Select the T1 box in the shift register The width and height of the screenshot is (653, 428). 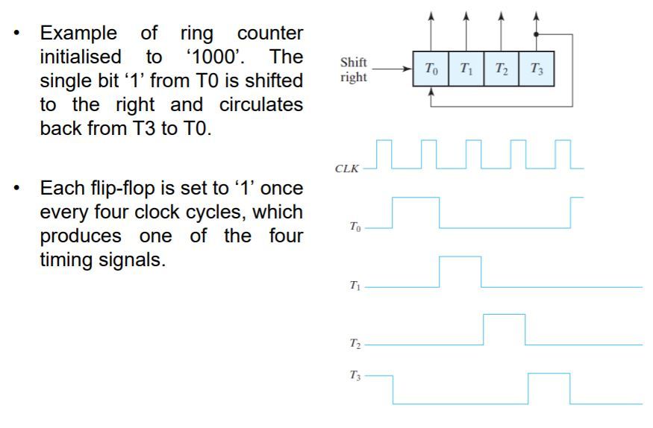click(x=466, y=69)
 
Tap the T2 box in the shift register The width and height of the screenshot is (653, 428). click(x=501, y=69)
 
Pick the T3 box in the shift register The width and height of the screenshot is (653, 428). click(x=536, y=69)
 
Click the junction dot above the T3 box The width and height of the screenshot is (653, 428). click(x=536, y=34)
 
